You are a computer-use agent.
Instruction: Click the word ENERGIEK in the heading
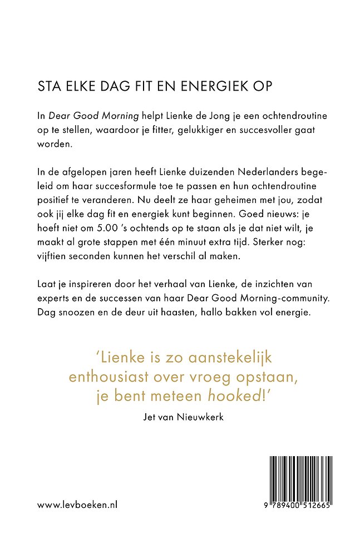(x=201, y=86)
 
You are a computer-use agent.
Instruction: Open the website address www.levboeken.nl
(x=77, y=505)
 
